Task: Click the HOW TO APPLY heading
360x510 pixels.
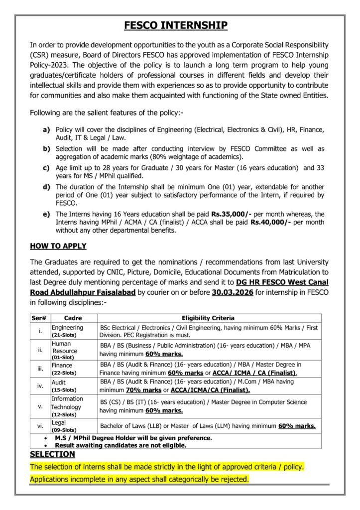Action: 58,246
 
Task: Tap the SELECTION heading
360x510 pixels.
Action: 52,454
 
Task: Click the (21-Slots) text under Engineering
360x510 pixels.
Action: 64,336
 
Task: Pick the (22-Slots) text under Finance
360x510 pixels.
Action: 64,372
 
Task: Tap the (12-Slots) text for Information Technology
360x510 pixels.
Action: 64,414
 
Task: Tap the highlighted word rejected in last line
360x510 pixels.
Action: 233,479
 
